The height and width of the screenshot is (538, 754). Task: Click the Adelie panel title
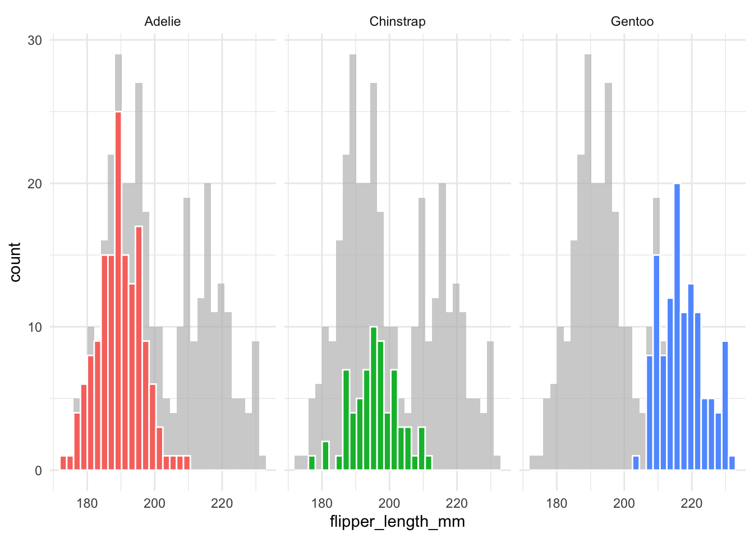162,22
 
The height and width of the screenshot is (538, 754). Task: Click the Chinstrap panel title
397,22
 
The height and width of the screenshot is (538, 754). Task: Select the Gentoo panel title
632,22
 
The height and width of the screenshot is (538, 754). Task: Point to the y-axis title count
15,262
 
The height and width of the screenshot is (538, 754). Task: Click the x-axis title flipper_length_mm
397,522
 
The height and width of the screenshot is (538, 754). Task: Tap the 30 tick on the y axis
35,40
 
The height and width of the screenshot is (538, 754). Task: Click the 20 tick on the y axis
35,184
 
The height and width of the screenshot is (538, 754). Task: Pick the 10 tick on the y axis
35,327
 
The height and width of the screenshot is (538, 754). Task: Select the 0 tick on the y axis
38,471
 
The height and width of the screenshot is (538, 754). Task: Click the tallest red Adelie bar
118,291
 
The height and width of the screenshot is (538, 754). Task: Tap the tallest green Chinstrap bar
374,398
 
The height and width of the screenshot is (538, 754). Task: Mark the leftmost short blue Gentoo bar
636,463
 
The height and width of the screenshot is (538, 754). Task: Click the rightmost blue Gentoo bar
732,463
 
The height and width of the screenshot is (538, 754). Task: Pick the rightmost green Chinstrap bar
429,463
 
